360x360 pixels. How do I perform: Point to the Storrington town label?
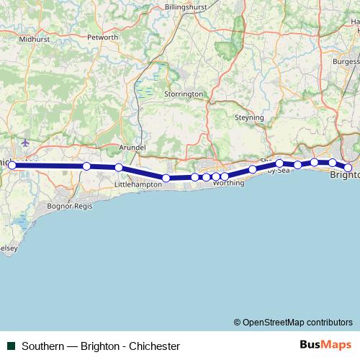click(184, 94)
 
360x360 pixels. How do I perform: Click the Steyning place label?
click(250, 117)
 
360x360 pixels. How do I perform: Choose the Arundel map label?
click(132, 147)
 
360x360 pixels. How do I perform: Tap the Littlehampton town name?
click(138, 185)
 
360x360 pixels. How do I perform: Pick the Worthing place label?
click(228, 184)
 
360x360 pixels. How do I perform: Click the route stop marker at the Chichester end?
click(12, 166)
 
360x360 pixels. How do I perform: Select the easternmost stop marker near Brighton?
click(348, 168)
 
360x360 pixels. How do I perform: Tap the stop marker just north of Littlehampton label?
click(119, 168)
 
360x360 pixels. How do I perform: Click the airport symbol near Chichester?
click(27, 143)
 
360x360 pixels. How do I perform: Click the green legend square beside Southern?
click(11, 346)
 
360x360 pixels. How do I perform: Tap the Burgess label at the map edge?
click(344, 63)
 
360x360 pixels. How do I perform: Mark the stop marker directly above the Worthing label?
click(225, 176)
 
